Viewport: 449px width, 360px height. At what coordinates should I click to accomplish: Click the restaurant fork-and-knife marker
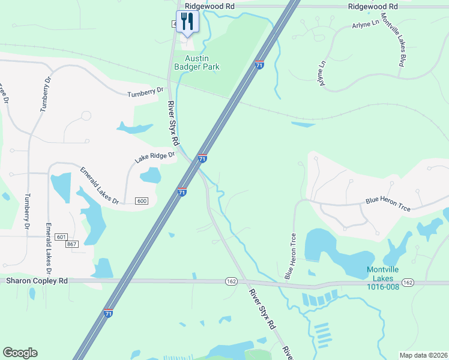187,22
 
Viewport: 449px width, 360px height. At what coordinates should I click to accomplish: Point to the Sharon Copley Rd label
37,280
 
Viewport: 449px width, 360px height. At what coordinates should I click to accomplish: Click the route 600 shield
142,200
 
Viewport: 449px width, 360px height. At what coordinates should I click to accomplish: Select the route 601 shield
61,237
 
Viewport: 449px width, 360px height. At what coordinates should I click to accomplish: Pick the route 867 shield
73,244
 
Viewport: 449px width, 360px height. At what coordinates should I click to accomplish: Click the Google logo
20,353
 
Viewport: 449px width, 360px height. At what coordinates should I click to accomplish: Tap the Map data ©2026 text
423,355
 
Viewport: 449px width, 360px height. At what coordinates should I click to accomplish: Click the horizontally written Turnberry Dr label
145,92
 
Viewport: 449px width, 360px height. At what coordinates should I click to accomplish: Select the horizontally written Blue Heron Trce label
388,205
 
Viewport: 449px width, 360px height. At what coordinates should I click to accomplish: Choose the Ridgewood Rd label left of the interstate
209,5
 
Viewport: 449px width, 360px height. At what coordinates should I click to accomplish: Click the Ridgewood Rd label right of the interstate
373,6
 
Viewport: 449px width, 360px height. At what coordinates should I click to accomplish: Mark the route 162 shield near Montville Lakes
408,282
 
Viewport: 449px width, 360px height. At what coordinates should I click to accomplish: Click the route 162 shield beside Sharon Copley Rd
232,281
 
